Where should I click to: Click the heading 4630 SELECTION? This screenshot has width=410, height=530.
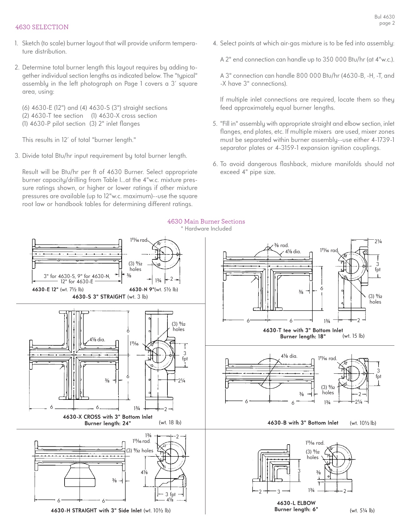[42, 27]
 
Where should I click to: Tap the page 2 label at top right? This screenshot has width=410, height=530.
[387, 23]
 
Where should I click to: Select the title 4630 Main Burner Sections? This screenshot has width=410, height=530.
[206, 221]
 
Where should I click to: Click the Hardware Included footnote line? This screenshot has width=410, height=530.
[206, 229]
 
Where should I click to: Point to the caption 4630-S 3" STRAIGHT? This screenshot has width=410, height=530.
[99, 297]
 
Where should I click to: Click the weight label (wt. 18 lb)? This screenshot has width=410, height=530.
[170, 422]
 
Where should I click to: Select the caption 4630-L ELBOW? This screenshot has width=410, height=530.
[296, 503]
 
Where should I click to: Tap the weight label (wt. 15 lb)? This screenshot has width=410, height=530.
[353, 336]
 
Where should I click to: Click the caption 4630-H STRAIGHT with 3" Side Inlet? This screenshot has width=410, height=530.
[96, 511]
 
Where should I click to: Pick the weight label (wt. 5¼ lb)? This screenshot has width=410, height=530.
[362, 511]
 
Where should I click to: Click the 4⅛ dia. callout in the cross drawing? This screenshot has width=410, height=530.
[97, 339]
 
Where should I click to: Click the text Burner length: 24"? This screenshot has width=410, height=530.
[108, 423]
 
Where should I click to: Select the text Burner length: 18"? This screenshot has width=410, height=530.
[303, 337]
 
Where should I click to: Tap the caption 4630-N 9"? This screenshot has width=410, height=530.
[141, 289]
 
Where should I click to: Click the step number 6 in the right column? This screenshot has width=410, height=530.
[215, 164]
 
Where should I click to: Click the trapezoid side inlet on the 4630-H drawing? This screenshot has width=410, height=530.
[80, 475]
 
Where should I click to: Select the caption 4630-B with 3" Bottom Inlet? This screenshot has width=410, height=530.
[303, 423]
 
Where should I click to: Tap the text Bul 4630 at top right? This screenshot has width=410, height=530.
[384, 17]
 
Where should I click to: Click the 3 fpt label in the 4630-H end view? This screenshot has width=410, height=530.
[170, 494]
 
